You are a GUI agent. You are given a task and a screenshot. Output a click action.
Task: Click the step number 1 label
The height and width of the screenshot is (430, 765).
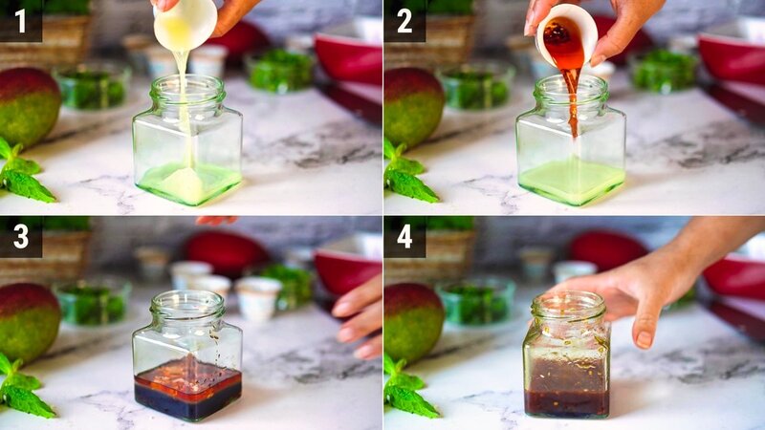[20, 20]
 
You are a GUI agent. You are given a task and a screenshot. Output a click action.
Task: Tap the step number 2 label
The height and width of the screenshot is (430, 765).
[404, 20]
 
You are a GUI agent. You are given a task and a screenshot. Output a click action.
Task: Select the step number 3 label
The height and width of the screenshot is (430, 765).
[20, 236]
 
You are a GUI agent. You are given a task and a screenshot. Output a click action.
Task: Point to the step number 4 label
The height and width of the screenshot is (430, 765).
[404, 236]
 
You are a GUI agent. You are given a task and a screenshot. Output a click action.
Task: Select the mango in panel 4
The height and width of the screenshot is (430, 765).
[412, 321]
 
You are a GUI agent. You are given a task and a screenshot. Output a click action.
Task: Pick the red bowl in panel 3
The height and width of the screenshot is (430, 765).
[349, 269]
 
